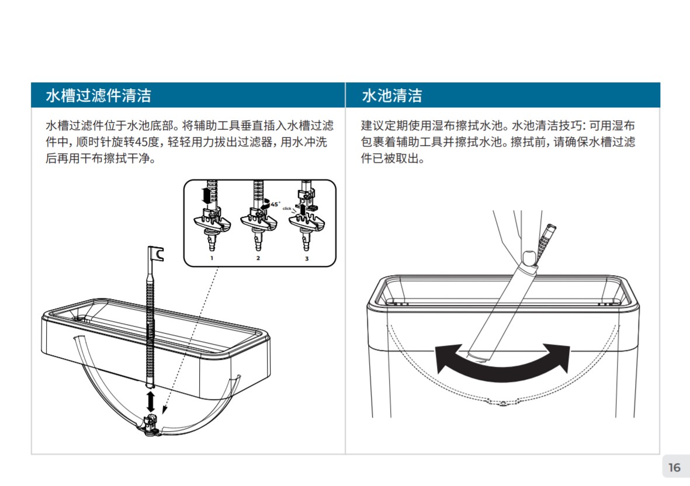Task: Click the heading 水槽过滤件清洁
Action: click(x=99, y=95)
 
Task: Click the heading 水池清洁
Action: click(x=391, y=95)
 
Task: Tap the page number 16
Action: click(x=674, y=467)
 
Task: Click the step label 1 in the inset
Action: click(x=211, y=258)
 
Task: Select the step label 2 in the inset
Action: click(x=258, y=258)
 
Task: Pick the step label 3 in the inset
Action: click(x=307, y=259)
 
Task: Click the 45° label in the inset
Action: click(x=275, y=204)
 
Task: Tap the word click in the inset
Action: click(x=287, y=209)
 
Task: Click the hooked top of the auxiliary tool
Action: click(x=156, y=254)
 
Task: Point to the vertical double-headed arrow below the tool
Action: click(x=151, y=401)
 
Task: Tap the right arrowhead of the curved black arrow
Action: click(x=559, y=356)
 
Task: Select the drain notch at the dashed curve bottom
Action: click(x=502, y=403)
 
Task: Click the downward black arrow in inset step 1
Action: click(x=206, y=195)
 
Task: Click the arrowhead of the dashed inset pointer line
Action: click(x=164, y=410)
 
